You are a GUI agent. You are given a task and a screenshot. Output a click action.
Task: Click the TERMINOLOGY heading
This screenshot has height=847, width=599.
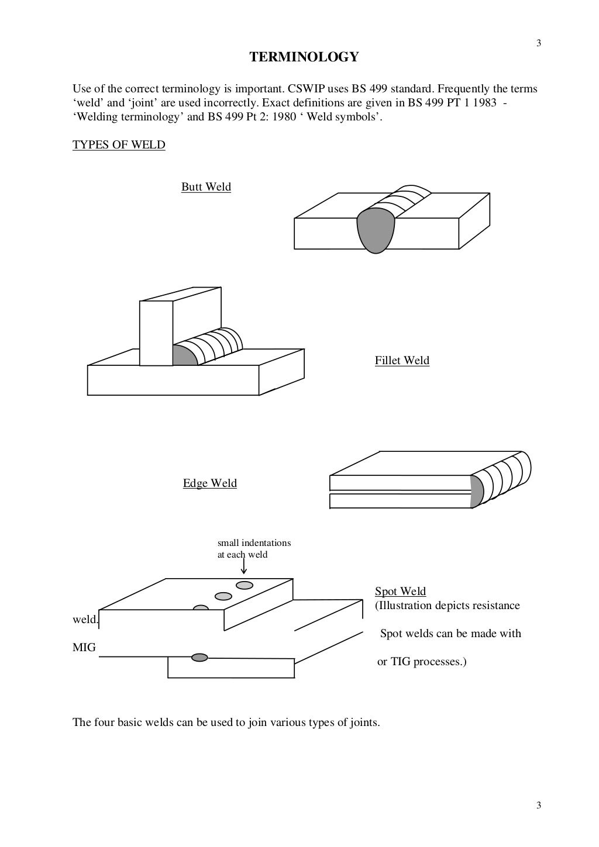(304, 57)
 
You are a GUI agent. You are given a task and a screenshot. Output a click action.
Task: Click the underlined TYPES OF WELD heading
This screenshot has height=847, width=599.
(119, 144)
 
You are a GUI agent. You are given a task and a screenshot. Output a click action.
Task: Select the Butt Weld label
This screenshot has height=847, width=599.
(206, 187)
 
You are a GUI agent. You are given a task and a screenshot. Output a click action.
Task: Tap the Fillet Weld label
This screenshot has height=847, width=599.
(402, 361)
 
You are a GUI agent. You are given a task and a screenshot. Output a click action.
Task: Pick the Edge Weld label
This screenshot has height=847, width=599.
(209, 483)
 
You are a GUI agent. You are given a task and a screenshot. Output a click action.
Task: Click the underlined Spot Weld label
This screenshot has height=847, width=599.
(400, 592)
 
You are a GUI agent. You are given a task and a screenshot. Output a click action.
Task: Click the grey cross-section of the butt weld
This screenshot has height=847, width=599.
(377, 229)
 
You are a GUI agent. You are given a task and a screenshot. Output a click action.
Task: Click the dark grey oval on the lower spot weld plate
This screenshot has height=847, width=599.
(200, 658)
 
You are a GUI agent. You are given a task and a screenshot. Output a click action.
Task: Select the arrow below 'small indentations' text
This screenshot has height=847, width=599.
(243, 565)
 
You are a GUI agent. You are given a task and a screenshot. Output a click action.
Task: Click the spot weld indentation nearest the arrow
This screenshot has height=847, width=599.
(245, 585)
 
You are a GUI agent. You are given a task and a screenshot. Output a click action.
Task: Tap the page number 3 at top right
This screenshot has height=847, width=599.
(539, 43)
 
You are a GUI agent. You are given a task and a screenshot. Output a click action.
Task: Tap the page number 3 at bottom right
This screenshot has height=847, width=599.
(539, 805)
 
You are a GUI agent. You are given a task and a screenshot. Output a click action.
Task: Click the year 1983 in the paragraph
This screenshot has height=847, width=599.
(477, 103)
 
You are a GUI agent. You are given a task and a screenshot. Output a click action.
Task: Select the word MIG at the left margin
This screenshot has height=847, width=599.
(84, 648)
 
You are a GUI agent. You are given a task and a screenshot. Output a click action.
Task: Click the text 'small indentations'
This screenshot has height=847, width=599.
(254, 543)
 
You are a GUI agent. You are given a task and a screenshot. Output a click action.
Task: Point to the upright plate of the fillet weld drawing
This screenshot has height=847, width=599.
(157, 333)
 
